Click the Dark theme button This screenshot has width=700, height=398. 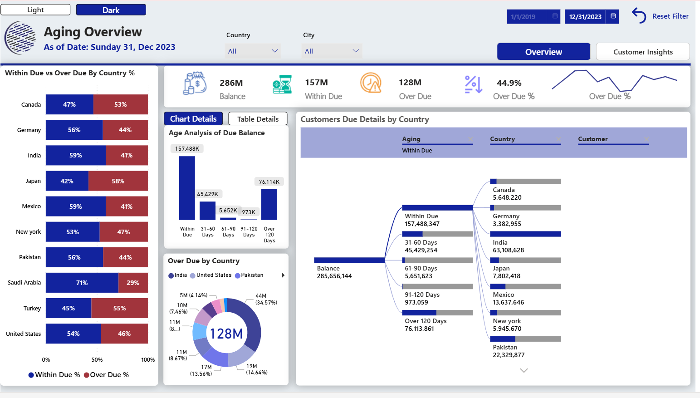(111, 10)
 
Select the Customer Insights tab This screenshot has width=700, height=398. (642, 52)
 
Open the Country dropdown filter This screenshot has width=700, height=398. (253, 51)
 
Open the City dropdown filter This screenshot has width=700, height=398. (332, 51)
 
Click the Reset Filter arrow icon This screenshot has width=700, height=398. (639, 15)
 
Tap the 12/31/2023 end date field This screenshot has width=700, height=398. (585, 17)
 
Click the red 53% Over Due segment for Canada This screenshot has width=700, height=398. (121, 104)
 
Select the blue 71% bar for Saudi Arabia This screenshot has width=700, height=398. (82, 283)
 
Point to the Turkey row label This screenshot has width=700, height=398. (32, 309)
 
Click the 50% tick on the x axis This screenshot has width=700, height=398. (97, 359)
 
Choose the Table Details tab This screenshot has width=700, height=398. (258, 119)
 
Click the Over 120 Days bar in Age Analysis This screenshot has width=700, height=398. (269, 204)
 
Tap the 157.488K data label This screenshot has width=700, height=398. (187, 149)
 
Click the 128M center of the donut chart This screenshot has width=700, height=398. (226, 334)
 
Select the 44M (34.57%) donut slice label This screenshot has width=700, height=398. (266, 299)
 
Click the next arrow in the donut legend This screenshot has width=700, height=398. (283, 275)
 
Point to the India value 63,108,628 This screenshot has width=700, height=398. (508, 250)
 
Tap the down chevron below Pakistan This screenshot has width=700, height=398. (524, 370)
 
